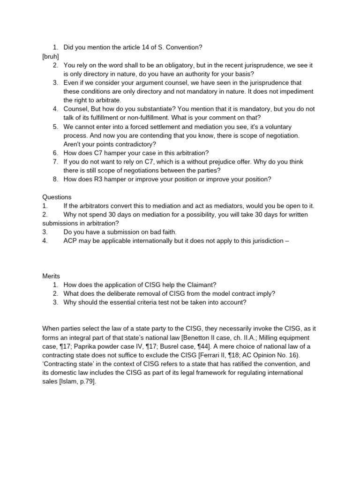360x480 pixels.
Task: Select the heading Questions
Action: click(x=57, y=197)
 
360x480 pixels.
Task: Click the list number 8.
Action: click(x=55, y=179)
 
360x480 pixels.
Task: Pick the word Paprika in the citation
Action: click(x=86, y=346)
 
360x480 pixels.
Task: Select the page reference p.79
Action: click(x=85, y=382)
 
